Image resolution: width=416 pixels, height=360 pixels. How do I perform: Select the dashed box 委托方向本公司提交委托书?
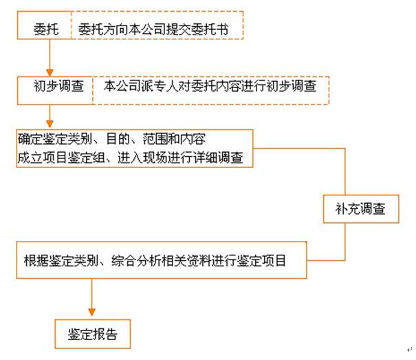click(x=156, y=30)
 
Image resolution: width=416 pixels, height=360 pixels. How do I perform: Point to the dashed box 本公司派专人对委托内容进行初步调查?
click(x=210, y=88)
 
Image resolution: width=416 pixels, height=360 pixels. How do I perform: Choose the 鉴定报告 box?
click(x=92, y=335)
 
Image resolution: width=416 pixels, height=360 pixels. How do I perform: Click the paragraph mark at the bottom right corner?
click(x=409, y=350)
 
